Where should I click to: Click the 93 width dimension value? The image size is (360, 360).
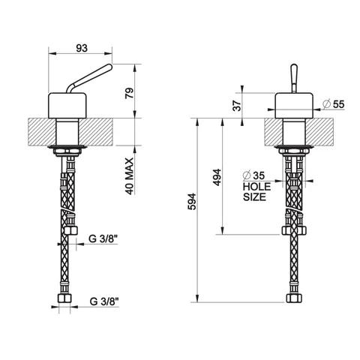pos(82,48)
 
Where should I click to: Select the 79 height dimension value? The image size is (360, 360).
pos(130,93)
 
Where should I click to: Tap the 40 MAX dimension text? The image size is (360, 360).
pos(129,176)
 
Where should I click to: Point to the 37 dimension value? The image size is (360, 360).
pos(237,105)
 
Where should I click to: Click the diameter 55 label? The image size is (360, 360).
pos(334,104)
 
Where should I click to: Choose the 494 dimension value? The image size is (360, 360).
pos(217,177)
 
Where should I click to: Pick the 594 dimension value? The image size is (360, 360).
pos(192,201)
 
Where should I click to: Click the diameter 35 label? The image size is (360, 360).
pos(253,175)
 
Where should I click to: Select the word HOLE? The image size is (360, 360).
pos(256,187)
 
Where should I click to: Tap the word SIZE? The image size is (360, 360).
pos(254,197)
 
